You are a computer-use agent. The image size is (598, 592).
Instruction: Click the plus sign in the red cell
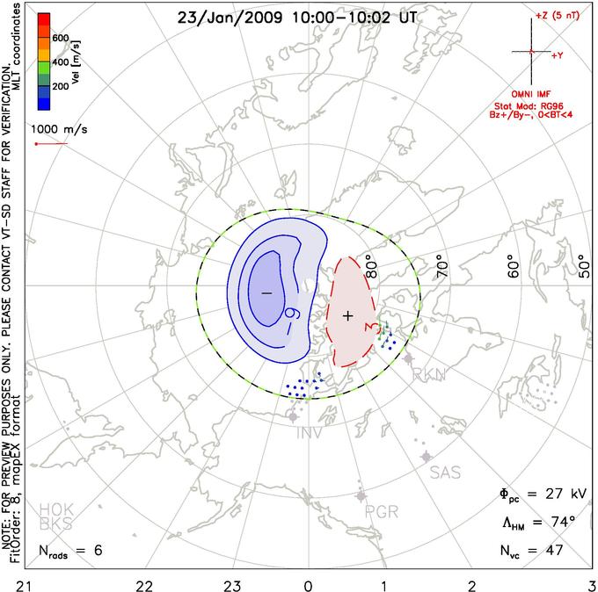tap(347, 315)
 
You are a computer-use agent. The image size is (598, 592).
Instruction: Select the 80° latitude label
tap(376, 264)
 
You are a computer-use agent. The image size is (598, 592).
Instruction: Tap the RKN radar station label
tap(430, 374)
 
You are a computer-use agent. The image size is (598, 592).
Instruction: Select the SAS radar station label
tap(445, 473)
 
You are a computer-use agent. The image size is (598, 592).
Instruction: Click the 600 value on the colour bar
tap(60, 38)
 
